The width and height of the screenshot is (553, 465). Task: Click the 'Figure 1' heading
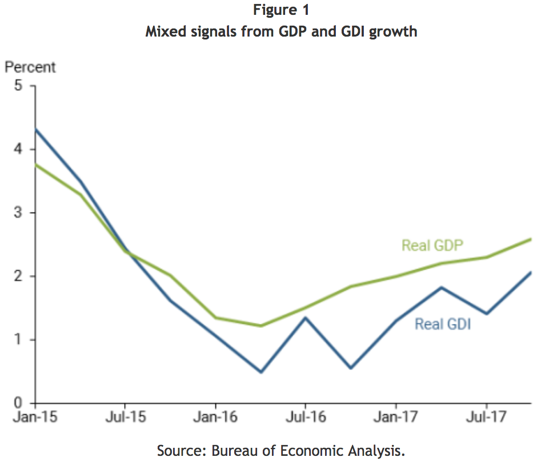(x=281, y=10)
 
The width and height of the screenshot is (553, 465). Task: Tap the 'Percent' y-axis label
(x=30, y=67)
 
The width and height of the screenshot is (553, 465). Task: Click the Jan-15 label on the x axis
(x=35, y=417)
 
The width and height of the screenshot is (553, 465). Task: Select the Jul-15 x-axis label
(x=125, y=417)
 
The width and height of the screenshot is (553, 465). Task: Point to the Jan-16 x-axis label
(x=215, y=417)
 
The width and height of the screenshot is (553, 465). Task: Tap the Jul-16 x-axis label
(x=305, y=417)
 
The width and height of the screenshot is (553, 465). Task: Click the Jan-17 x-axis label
(x=395, y=417)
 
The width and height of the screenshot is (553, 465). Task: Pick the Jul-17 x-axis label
(x=486, y=417)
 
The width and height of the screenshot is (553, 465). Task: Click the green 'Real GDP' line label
(x=432, y=246)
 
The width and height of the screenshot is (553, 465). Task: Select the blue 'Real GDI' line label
(x=443, y=324)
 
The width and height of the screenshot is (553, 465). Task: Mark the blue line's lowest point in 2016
(x=261, y=372)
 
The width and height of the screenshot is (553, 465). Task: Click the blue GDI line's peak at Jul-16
(x=305, y=318)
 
